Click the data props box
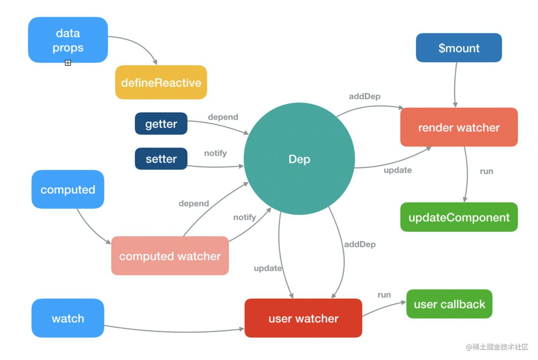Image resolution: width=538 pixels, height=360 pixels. [68, 40]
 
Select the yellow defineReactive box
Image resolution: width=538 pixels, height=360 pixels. [161, 82]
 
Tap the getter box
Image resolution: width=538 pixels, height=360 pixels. [161, 124]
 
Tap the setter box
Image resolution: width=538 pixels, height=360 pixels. [161, 159]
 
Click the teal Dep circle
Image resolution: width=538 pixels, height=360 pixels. [299, 159]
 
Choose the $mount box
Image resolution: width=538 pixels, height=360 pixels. [458, 48]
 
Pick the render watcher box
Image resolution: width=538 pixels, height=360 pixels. [458, 127]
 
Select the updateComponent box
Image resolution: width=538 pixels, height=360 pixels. [458, 217]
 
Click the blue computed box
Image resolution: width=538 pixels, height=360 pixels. [68, 189]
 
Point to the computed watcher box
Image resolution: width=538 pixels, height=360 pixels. [170, 256]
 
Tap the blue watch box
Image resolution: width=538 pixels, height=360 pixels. [68, 318]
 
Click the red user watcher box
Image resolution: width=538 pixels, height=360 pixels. [303, 318]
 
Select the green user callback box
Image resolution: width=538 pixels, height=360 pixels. [449, 304]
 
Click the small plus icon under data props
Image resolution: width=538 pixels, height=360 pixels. [68, 63]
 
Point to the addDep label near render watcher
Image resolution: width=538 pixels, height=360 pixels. [365, 96]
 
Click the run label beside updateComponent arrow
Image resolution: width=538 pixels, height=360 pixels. [486, 171]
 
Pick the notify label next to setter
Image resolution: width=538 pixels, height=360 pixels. [215, 153]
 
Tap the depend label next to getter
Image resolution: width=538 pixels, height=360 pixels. [223, 117]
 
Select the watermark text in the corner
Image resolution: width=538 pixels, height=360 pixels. [497, 347]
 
